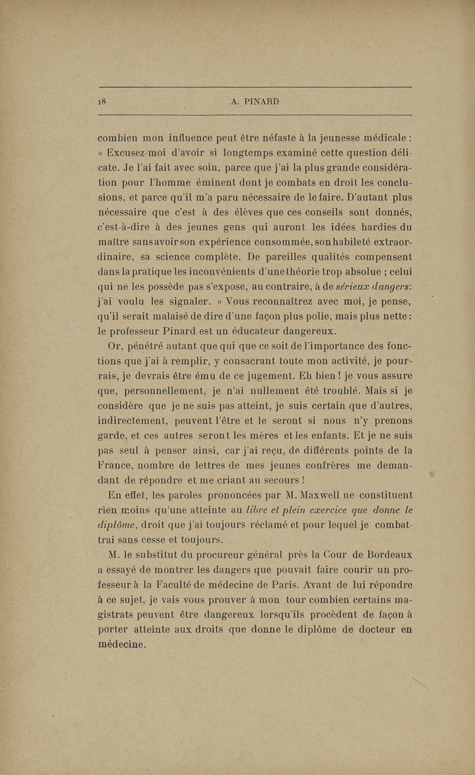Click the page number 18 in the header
click(x=101, y=102)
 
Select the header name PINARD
click(x=262, y=102)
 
